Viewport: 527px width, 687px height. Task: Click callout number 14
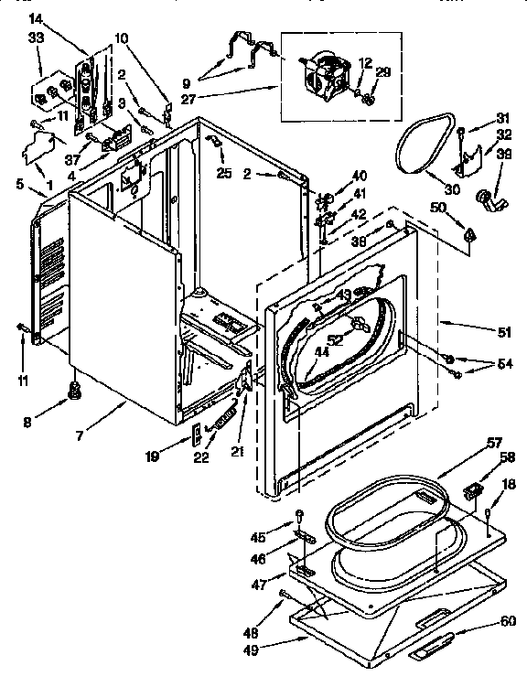(36, 18)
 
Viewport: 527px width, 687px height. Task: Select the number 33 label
(36, 38)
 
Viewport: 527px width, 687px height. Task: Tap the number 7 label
(81, 436)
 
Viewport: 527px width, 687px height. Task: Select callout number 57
(494, 443)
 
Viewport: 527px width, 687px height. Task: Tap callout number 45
(258, 537)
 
